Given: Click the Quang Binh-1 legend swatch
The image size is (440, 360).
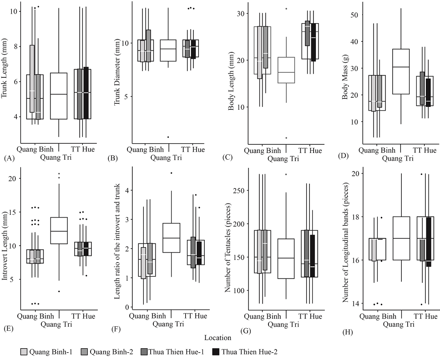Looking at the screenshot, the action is (24, 352).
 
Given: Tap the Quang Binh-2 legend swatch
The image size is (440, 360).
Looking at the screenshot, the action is (84, 352).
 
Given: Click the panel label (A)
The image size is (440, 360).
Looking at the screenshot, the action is (9, 158).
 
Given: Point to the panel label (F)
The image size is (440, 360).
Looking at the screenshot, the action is (116, 330).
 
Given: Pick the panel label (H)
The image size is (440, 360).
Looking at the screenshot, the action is (348, 333).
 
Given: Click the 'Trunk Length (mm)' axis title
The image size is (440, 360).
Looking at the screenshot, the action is (4, 68).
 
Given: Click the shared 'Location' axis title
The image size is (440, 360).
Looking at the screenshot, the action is (218, 338).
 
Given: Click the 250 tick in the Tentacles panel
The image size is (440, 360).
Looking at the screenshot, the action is (238, 190).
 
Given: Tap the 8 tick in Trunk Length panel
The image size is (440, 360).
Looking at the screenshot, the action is (15, 46).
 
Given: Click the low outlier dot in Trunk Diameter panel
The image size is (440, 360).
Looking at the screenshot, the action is (168, 137).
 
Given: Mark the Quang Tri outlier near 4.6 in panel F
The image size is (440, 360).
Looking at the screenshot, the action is (172, 173).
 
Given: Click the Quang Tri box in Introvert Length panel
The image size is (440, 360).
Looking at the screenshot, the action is (59, 231).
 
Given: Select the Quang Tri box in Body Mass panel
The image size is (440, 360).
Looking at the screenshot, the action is (401, 71).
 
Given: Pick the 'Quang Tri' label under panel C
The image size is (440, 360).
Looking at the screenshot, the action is (283, 159).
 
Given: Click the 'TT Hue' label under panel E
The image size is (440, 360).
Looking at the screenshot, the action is (83, 316).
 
